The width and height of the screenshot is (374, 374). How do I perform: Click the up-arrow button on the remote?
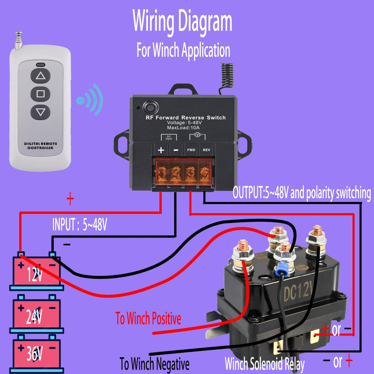tap(41, 76)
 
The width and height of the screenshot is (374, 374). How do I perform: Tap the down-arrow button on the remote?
tap(41, 112)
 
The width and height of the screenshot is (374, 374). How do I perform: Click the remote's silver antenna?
tap(18, 40)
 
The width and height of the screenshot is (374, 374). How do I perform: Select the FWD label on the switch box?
tap(191, 150)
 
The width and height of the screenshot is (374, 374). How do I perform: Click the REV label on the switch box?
tap(207, 150)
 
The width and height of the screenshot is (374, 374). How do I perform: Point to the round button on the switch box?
tap(151, 108)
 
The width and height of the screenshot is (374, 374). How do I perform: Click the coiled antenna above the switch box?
tap(227, 76)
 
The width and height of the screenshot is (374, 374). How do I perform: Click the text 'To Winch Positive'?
tap(148, 318)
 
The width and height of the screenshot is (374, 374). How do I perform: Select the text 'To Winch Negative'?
tap(154, 364)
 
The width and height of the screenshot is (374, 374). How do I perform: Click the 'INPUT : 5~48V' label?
tap(80, 224)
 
